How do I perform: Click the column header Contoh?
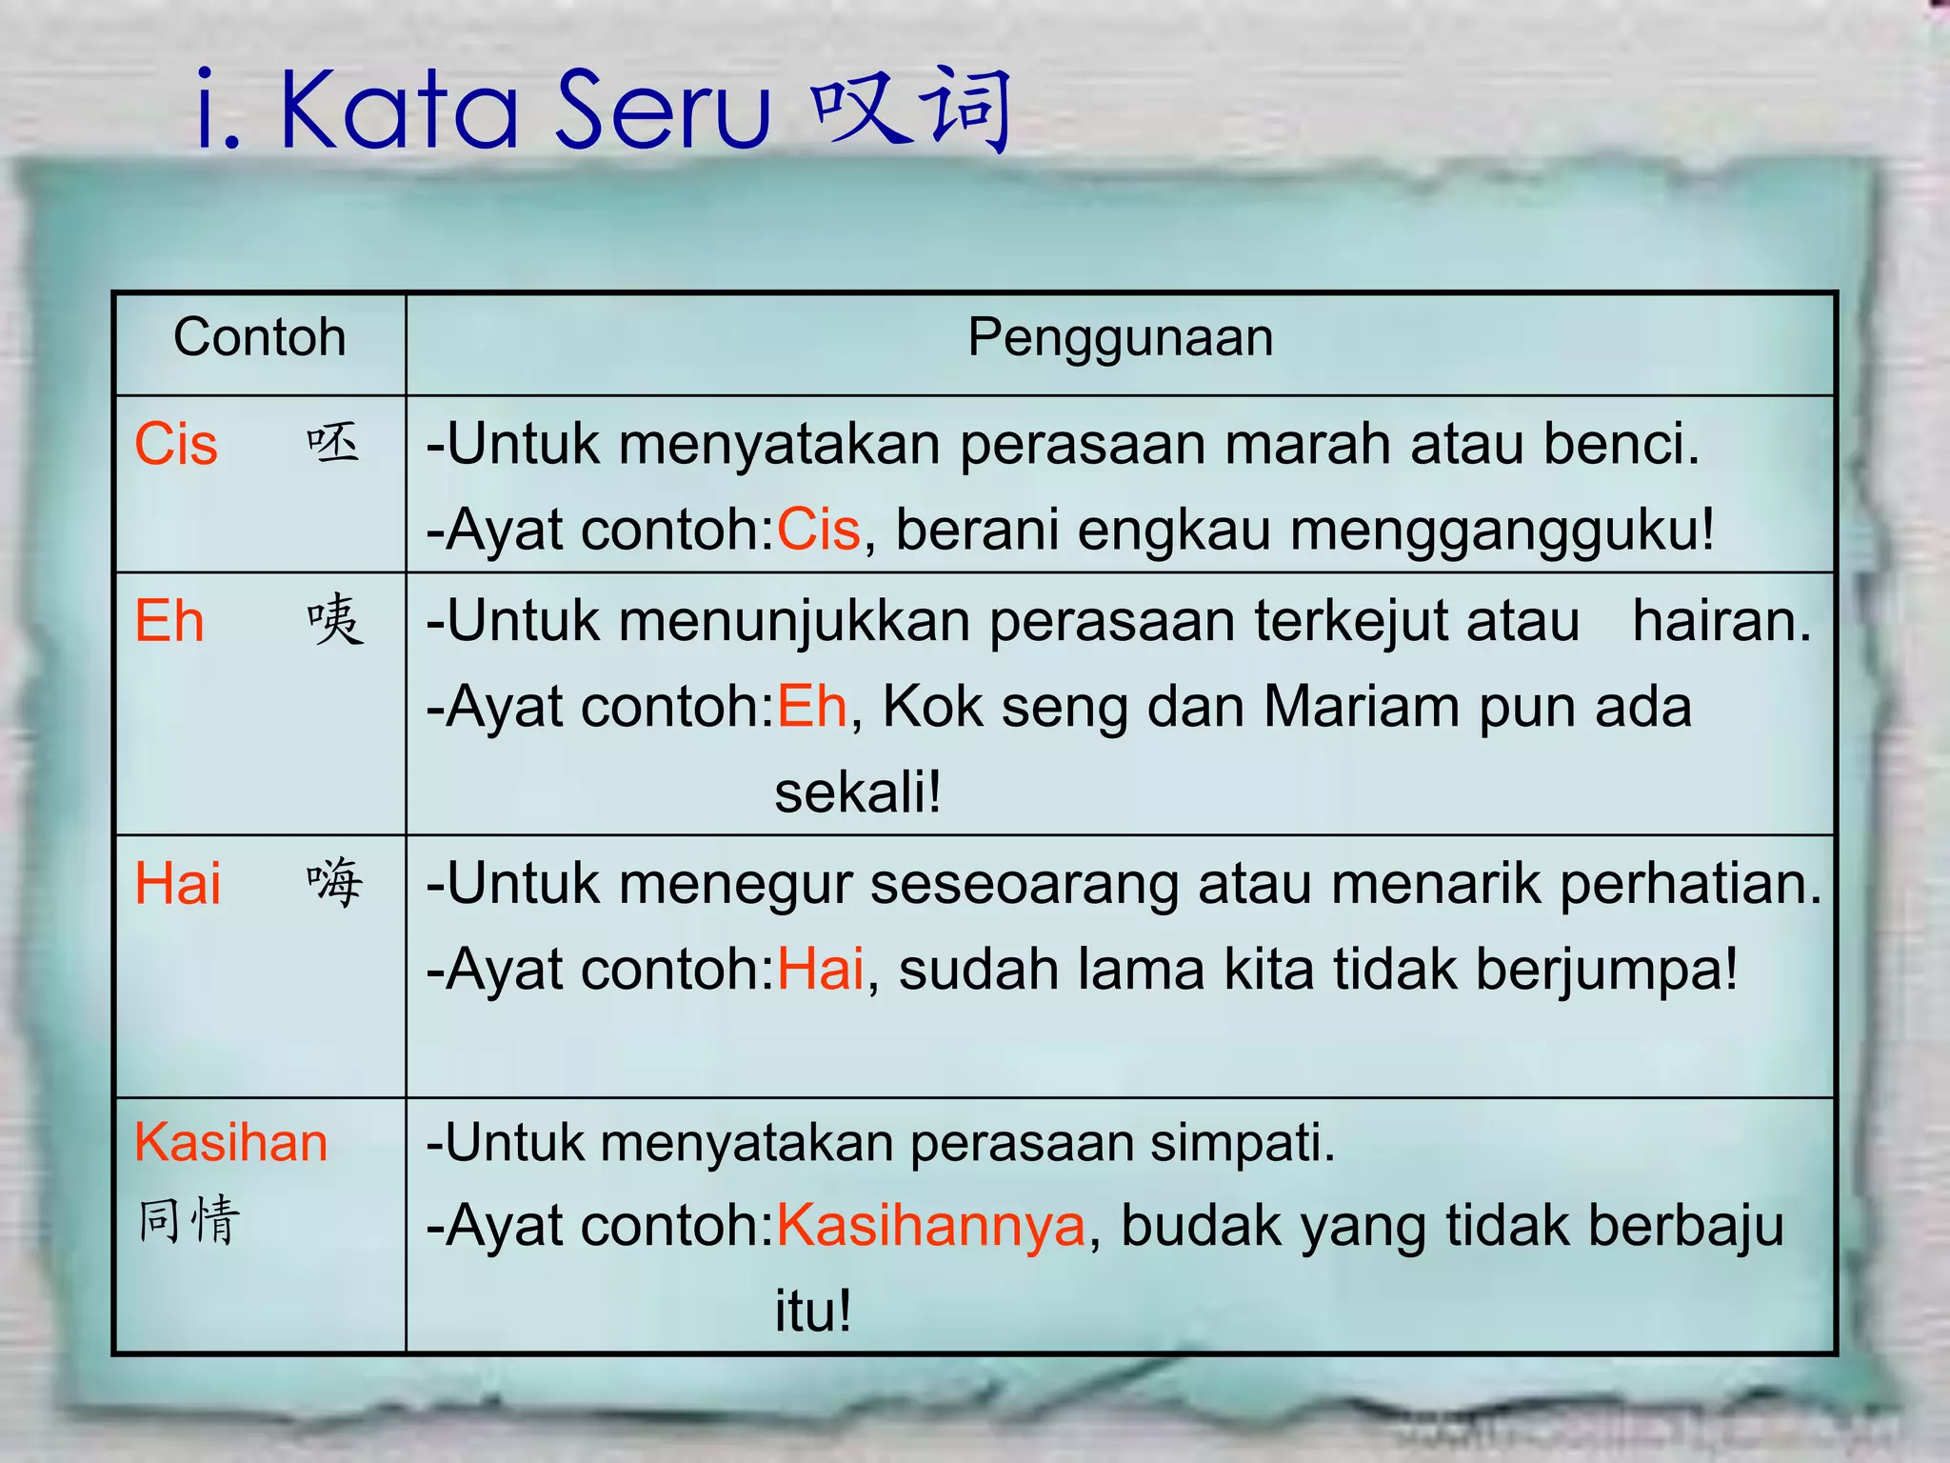(259, 337)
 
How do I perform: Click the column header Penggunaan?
(1120, 337)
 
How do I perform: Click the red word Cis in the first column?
(176, 445)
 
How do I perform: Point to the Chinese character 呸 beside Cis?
(333, 444)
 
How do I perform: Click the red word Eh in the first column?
(169, 622)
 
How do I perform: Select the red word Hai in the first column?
(177, 884)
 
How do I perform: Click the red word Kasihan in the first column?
(230, 1142)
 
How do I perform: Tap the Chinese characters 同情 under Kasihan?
(189, 1221)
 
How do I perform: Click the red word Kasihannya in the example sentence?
(931, 1226)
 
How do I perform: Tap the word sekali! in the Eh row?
(858, 792)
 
